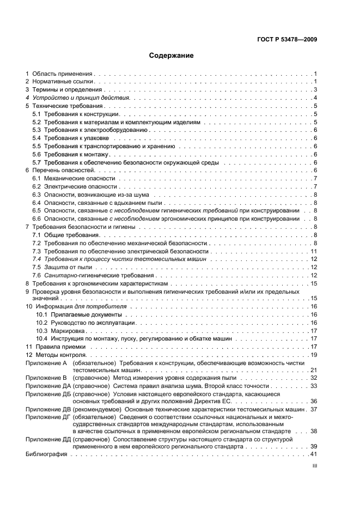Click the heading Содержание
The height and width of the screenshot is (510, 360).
[171, 56]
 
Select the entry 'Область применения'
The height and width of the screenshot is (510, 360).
[63, 73]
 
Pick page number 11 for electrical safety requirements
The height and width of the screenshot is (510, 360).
[314, 251]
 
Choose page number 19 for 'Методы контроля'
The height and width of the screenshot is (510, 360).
[314, 355]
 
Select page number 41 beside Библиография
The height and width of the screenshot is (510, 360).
[314, 454]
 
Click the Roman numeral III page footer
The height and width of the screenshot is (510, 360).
[314, 467]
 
